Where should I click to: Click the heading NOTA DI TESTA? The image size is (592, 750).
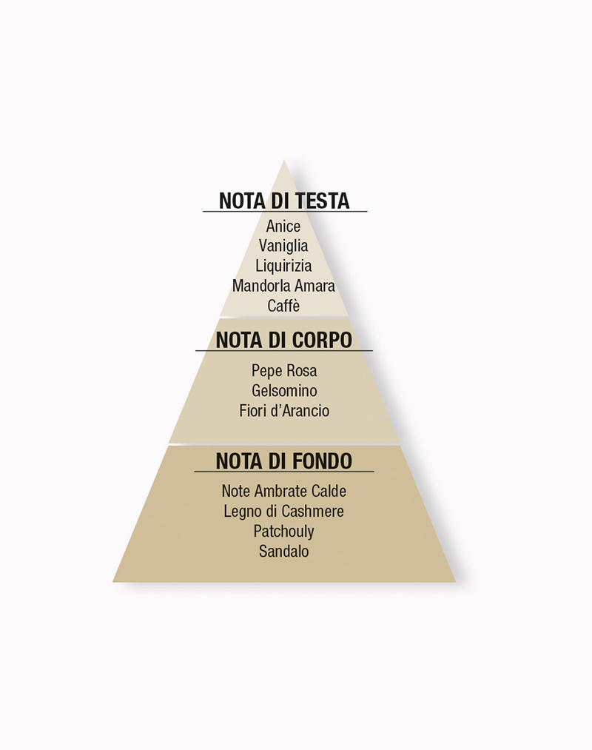click(284, 201)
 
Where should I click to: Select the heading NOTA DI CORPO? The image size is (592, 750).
click(284, 340)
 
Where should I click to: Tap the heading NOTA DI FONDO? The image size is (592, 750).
click(284, 461)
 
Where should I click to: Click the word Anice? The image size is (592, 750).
click(283, 226)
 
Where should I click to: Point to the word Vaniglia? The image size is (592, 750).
click(283, 245)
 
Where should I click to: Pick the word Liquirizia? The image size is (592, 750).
click(283, 266)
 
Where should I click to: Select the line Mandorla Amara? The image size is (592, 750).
click(283, 286)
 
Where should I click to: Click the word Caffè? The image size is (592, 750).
click(283, 306)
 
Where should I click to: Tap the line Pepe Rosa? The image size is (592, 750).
click(284, 371)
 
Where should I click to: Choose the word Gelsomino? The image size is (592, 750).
click(284, 391)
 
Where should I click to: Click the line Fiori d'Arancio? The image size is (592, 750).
click(284, 411)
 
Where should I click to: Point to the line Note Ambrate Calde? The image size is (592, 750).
click(284, 491)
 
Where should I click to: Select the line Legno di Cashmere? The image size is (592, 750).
click(284, 512)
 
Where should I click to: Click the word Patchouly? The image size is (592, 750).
click(284, 532)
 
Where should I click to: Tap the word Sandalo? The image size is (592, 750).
click(284, 552)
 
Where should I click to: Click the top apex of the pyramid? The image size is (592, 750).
click(284, 160)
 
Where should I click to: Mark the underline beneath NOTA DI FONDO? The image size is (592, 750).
click(284, 472)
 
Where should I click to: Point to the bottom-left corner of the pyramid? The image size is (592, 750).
click(113, 582)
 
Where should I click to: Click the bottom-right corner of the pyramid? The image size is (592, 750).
click(455, 582)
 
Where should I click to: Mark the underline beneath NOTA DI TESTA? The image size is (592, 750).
click(285, 211)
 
